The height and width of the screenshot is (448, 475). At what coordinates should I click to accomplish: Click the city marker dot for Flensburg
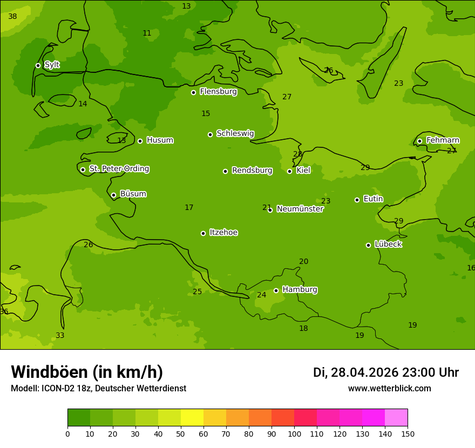tap(193, 92)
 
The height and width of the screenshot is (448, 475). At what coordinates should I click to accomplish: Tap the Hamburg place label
tap(300, 290)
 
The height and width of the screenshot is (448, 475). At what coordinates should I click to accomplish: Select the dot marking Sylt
tap(38, 65)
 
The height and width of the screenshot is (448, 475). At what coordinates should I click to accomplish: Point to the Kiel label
tap(303, 171)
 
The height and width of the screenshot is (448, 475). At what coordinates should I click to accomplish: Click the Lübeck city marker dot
tap(368, 245)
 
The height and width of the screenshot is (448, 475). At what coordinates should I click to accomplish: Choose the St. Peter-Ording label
tap(119, 169)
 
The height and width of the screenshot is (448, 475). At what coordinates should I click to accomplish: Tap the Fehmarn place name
tap(443, 140)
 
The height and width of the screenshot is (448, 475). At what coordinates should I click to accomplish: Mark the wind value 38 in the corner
tap(12, 17)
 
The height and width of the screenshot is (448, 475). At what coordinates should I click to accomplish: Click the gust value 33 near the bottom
tap(60, 336)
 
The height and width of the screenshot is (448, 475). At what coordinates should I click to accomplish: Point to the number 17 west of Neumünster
tap(189, 208)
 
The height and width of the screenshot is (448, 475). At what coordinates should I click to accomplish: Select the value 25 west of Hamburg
tap(198, 292)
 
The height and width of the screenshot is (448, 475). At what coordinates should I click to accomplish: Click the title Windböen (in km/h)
tap(87, 372)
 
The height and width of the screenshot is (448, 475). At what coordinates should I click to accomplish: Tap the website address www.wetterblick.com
tap(389, 389)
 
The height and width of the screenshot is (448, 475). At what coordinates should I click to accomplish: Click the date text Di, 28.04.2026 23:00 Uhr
tap(385, 372)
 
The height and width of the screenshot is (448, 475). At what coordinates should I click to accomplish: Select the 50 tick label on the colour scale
tap(181, 433)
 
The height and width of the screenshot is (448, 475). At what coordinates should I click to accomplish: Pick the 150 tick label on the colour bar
tap(408, 433)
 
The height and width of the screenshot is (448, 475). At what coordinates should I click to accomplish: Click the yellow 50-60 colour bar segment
tap(192, 418)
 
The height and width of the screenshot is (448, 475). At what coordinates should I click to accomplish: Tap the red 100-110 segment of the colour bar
tap(306, 418)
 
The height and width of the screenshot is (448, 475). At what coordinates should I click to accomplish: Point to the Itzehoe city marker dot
tap(203, 233)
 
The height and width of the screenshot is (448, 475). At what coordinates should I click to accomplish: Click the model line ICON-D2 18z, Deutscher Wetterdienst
tap(98, 389)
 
